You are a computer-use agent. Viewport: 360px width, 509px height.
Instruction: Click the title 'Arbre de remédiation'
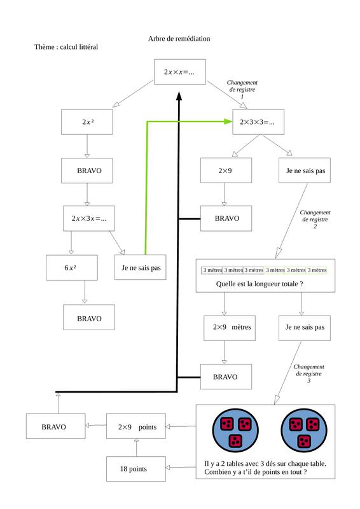click(179, 39)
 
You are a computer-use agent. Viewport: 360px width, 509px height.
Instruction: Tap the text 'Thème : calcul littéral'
click(66, 46)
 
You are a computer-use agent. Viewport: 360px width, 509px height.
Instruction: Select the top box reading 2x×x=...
click(180, 72)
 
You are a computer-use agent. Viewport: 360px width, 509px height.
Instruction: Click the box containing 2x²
click(87, 122)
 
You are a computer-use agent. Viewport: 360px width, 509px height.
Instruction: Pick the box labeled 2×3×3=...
click(258, 122)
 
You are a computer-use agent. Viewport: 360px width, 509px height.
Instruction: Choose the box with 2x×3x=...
click(89, 218)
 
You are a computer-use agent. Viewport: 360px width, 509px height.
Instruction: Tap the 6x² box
click(72, 267)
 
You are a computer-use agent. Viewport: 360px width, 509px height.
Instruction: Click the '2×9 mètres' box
click(230, 328)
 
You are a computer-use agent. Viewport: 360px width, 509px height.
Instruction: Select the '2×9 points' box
click(136, 426)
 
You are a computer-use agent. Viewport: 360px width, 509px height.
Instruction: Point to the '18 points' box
click(136, 469)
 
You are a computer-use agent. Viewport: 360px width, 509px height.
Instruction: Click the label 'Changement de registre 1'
click(242, 89)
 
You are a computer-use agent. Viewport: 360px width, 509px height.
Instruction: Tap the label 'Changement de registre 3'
click(308, 373)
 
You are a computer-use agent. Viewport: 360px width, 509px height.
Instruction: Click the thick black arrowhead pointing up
click(179, 96)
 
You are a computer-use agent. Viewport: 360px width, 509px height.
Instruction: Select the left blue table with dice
click(236, 431)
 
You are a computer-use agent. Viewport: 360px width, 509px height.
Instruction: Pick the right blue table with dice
click(304, 431)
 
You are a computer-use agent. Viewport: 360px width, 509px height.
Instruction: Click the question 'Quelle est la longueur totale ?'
click(260, 284)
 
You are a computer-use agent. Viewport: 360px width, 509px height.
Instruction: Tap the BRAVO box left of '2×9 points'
click(56, 426)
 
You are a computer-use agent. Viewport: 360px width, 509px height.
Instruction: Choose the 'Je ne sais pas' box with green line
click(140, 267)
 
